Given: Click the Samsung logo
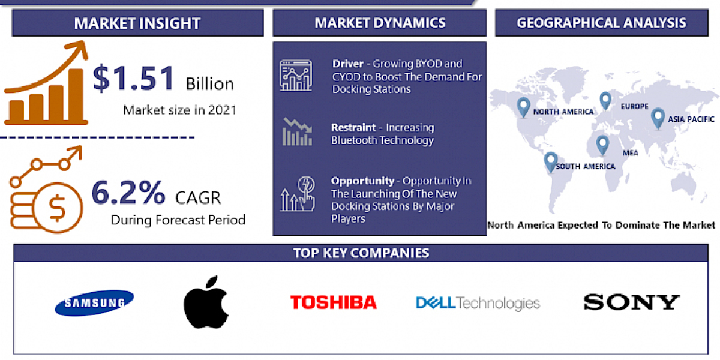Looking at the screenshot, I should [x=94, y=302].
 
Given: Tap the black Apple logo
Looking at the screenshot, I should [x=206, y=302].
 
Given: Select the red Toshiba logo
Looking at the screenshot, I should [x=333, y=302].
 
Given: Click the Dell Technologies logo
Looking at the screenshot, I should [x=478, y=303].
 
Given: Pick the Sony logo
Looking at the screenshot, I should [x=631, y=302].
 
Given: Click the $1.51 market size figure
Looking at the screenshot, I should [x=134, y=80].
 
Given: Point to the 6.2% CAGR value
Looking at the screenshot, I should [x=128, y=193].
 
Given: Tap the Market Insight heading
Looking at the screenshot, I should [x=137, y=23].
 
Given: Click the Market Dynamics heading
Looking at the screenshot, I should [x=380, y=23].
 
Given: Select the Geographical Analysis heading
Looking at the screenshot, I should [x=601, y=23].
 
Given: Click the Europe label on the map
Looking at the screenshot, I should [x=634, y=107].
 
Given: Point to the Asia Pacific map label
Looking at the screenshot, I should [x=692, y=119].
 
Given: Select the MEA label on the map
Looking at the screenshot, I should [x=630, y=153].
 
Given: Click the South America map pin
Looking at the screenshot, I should [x=550, y=161].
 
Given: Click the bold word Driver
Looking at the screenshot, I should [x=347, y=64].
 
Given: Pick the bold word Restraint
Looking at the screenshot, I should [x=354, y=127].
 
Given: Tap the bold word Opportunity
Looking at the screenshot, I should [x=362, y=181].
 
